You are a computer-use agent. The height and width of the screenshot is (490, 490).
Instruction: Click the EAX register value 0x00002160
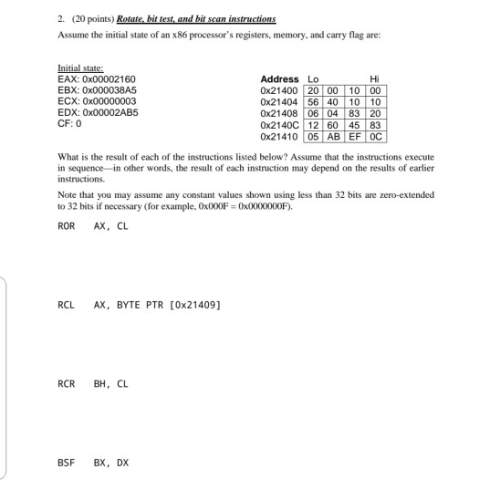114,79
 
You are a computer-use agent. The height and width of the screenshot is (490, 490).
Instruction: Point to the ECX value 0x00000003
114,101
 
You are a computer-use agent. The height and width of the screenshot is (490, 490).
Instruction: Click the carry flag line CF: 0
70,123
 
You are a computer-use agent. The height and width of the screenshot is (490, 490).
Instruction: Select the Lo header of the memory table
315,80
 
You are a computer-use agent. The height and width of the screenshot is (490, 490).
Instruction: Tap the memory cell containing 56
315,102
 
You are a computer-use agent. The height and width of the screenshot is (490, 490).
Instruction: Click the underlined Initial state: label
81,68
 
